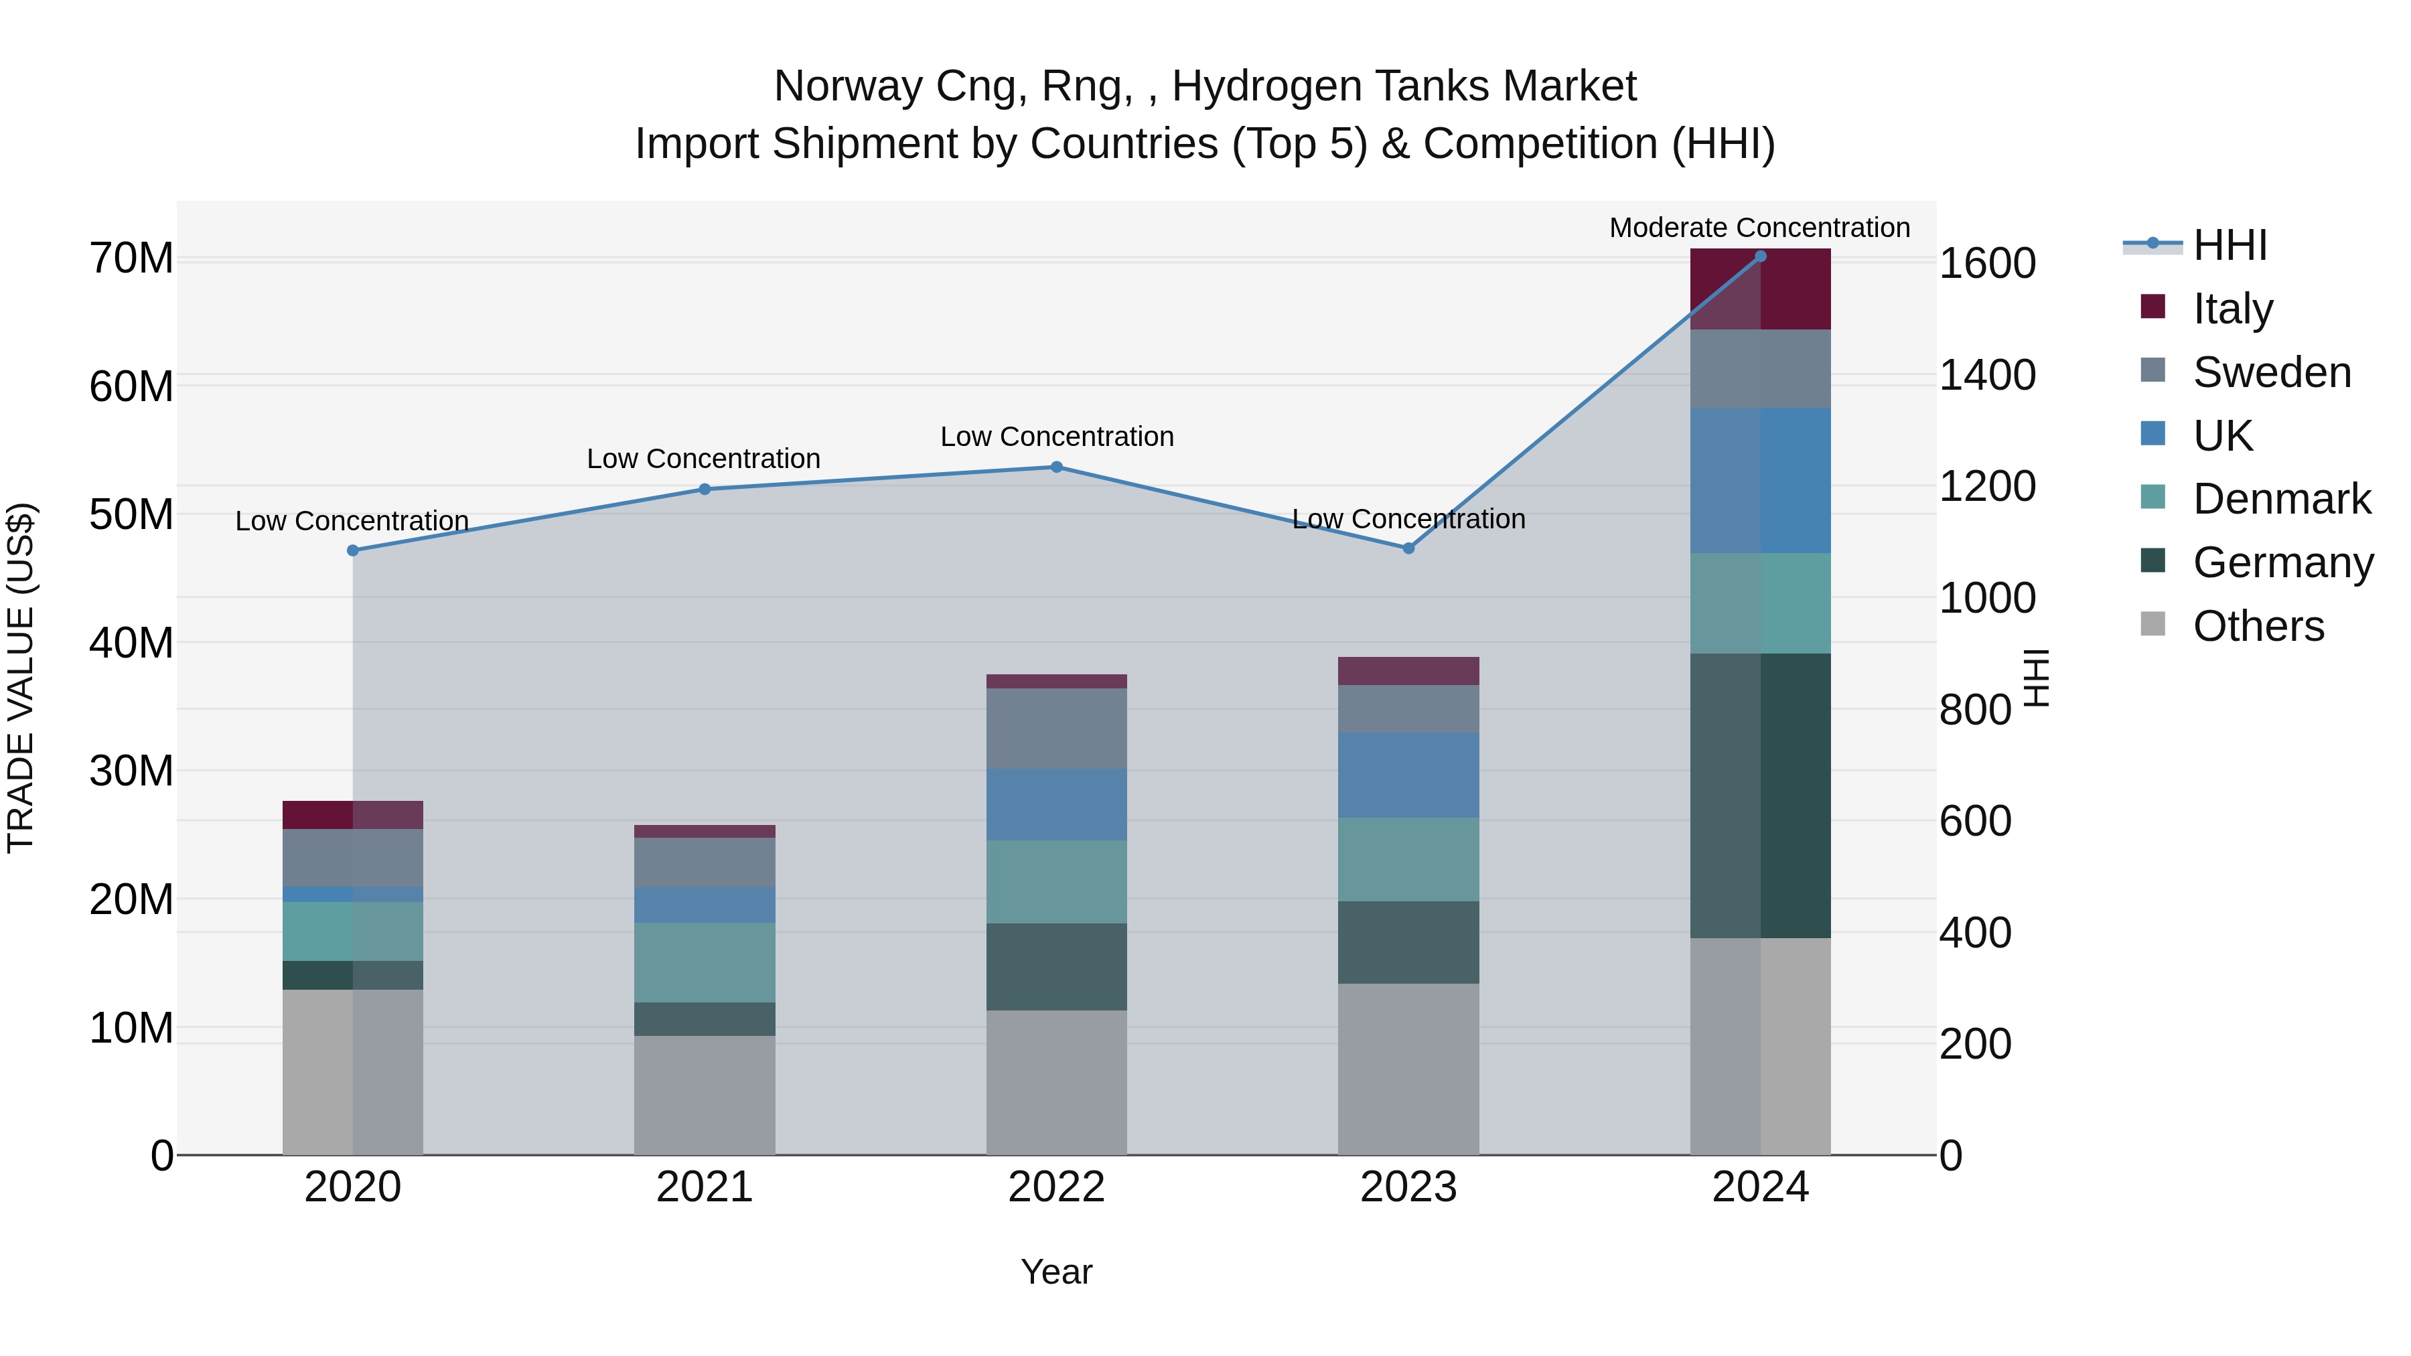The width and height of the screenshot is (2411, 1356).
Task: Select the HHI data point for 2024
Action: point(1759,256)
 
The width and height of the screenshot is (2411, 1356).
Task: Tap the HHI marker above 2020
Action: point(353,550)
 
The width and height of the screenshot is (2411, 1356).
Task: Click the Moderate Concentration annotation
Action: point(1759,228)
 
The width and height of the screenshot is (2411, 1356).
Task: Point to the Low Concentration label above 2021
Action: point(703,459)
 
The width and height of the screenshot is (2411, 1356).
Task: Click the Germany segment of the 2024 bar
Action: point(1759,796)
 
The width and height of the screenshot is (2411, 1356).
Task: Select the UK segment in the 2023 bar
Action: point(1408,775)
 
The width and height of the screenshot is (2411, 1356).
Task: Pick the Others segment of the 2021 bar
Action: point(704,1095)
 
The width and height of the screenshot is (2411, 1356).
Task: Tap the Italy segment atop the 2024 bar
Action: point(1759,289)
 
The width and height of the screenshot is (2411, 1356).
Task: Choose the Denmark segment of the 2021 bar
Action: point(704,962)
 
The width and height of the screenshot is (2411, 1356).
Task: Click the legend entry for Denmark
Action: point(2281,499)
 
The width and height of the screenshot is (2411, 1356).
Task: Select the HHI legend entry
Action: point(2228,245)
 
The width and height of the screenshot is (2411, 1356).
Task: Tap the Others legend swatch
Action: point(2152,624)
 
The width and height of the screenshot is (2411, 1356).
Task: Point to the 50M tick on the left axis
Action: point(131,515)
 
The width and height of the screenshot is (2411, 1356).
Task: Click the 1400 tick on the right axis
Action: point(1987,375)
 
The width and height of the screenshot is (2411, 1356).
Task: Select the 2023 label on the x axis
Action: point(1408,1187)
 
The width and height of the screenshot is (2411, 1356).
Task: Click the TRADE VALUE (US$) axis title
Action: point(21,678)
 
